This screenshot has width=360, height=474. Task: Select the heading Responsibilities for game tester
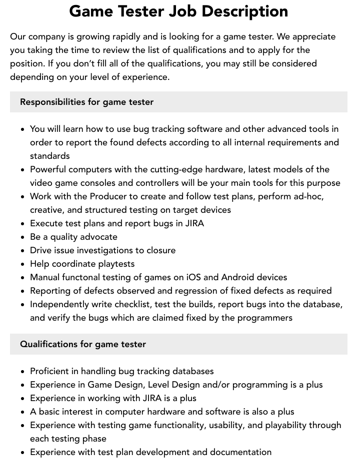86,102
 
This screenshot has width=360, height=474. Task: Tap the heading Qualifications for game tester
83,344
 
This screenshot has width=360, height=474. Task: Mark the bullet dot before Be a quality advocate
23,237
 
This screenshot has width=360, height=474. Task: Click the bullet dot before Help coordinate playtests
23,264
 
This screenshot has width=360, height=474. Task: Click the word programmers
264,318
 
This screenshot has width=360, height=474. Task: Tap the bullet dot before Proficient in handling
23,372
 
